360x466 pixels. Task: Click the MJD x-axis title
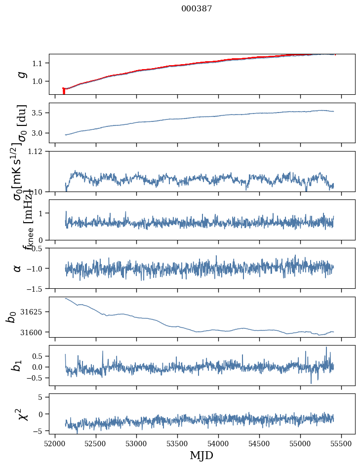201,455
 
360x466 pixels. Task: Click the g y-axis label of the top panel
21,74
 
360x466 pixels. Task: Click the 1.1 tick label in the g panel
39,63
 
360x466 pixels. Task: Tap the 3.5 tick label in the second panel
39,113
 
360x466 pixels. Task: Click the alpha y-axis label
18,268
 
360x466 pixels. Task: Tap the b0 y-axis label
11,317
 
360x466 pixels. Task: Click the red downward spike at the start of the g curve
64,91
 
